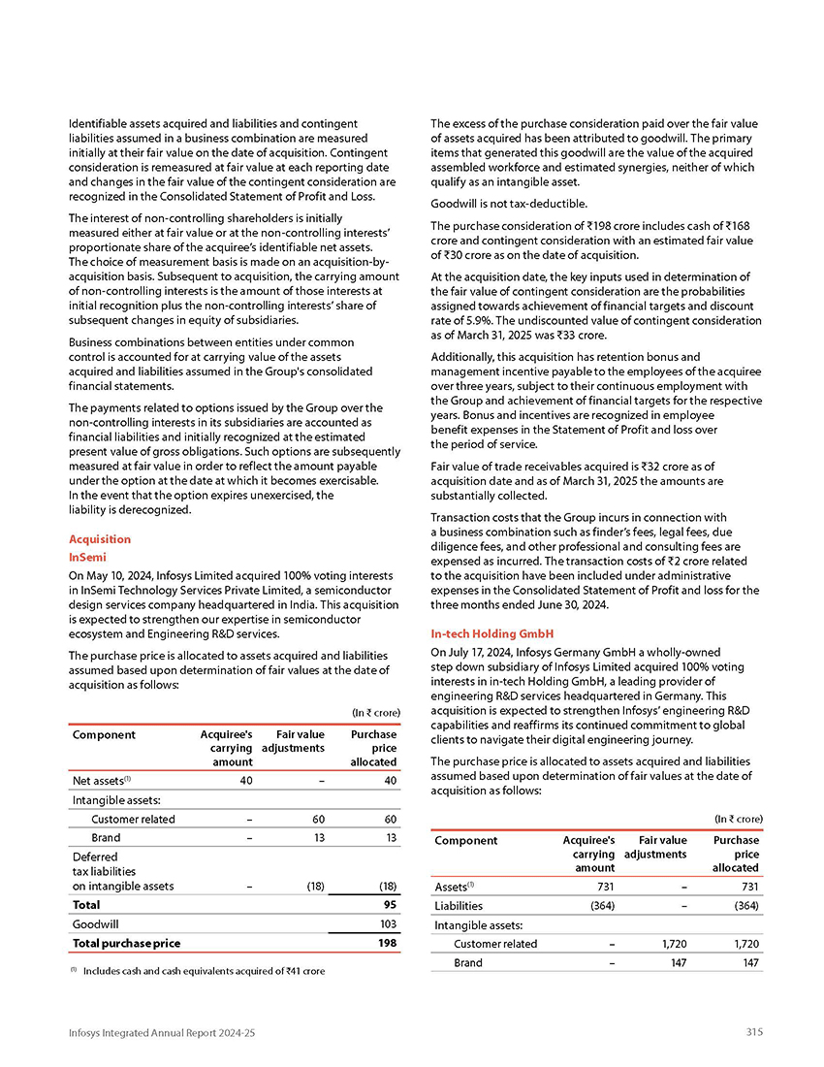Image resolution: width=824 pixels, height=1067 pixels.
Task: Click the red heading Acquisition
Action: [100, 539]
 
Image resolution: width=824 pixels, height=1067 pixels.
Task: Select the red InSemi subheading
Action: [87, 558]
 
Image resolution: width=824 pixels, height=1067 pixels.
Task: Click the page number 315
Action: [754, 1032]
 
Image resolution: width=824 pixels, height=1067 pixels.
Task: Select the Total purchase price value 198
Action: [387, 943]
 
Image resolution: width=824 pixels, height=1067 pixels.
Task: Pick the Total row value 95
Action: [390, 904]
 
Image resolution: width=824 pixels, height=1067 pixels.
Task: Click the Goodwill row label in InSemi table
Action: [96, 924]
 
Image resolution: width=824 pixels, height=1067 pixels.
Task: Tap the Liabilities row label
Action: [458, 906]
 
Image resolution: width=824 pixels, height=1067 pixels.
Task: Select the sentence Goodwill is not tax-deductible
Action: [509, 204]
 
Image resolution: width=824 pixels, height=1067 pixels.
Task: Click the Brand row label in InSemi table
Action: [105, 838]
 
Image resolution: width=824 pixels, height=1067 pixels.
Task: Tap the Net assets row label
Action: [103, 780]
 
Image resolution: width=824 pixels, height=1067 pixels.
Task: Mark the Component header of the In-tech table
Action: [465, 841]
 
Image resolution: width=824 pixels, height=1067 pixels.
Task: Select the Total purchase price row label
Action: [126, 943]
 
